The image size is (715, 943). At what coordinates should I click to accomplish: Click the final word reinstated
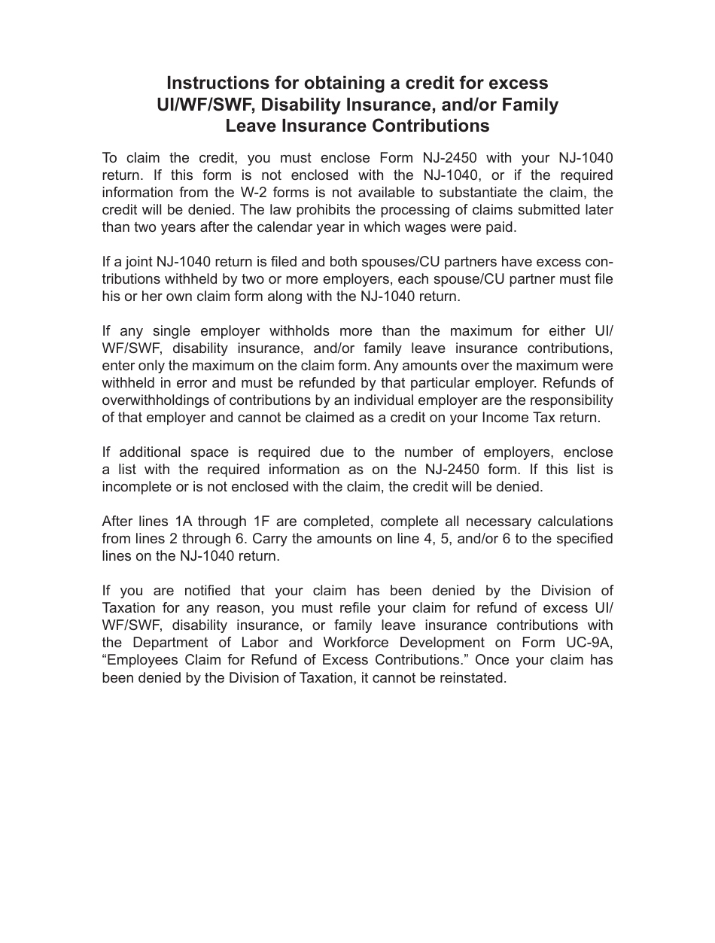(470, 678)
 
